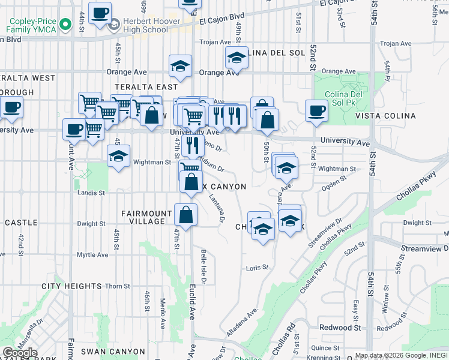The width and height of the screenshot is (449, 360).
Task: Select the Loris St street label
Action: tap(256, 268)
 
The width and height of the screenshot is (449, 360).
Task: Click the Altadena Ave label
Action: tap(242, 322)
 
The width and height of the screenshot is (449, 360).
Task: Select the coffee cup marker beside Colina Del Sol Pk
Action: tap(316, 110)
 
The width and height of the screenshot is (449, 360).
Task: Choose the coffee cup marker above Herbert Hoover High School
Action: tap(100, 12)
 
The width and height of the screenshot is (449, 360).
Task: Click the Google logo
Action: tap(20, 352)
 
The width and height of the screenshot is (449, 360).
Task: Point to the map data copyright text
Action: tap(401, 356)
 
